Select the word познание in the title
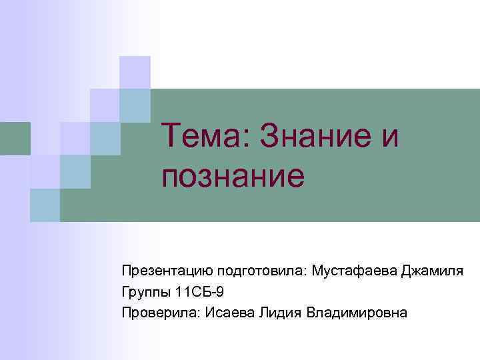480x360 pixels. [x=233, y=177]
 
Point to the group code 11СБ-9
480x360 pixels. [x=200, y=292]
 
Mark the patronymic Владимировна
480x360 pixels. [x=355, y=313]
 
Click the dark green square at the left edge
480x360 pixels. [x=15, y=138]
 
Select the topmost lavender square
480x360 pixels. [x=135, y=72]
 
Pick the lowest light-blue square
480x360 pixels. [x=45, y=204]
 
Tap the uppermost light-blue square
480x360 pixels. [x=135, y=105]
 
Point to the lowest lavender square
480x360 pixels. [x=45, y=171]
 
